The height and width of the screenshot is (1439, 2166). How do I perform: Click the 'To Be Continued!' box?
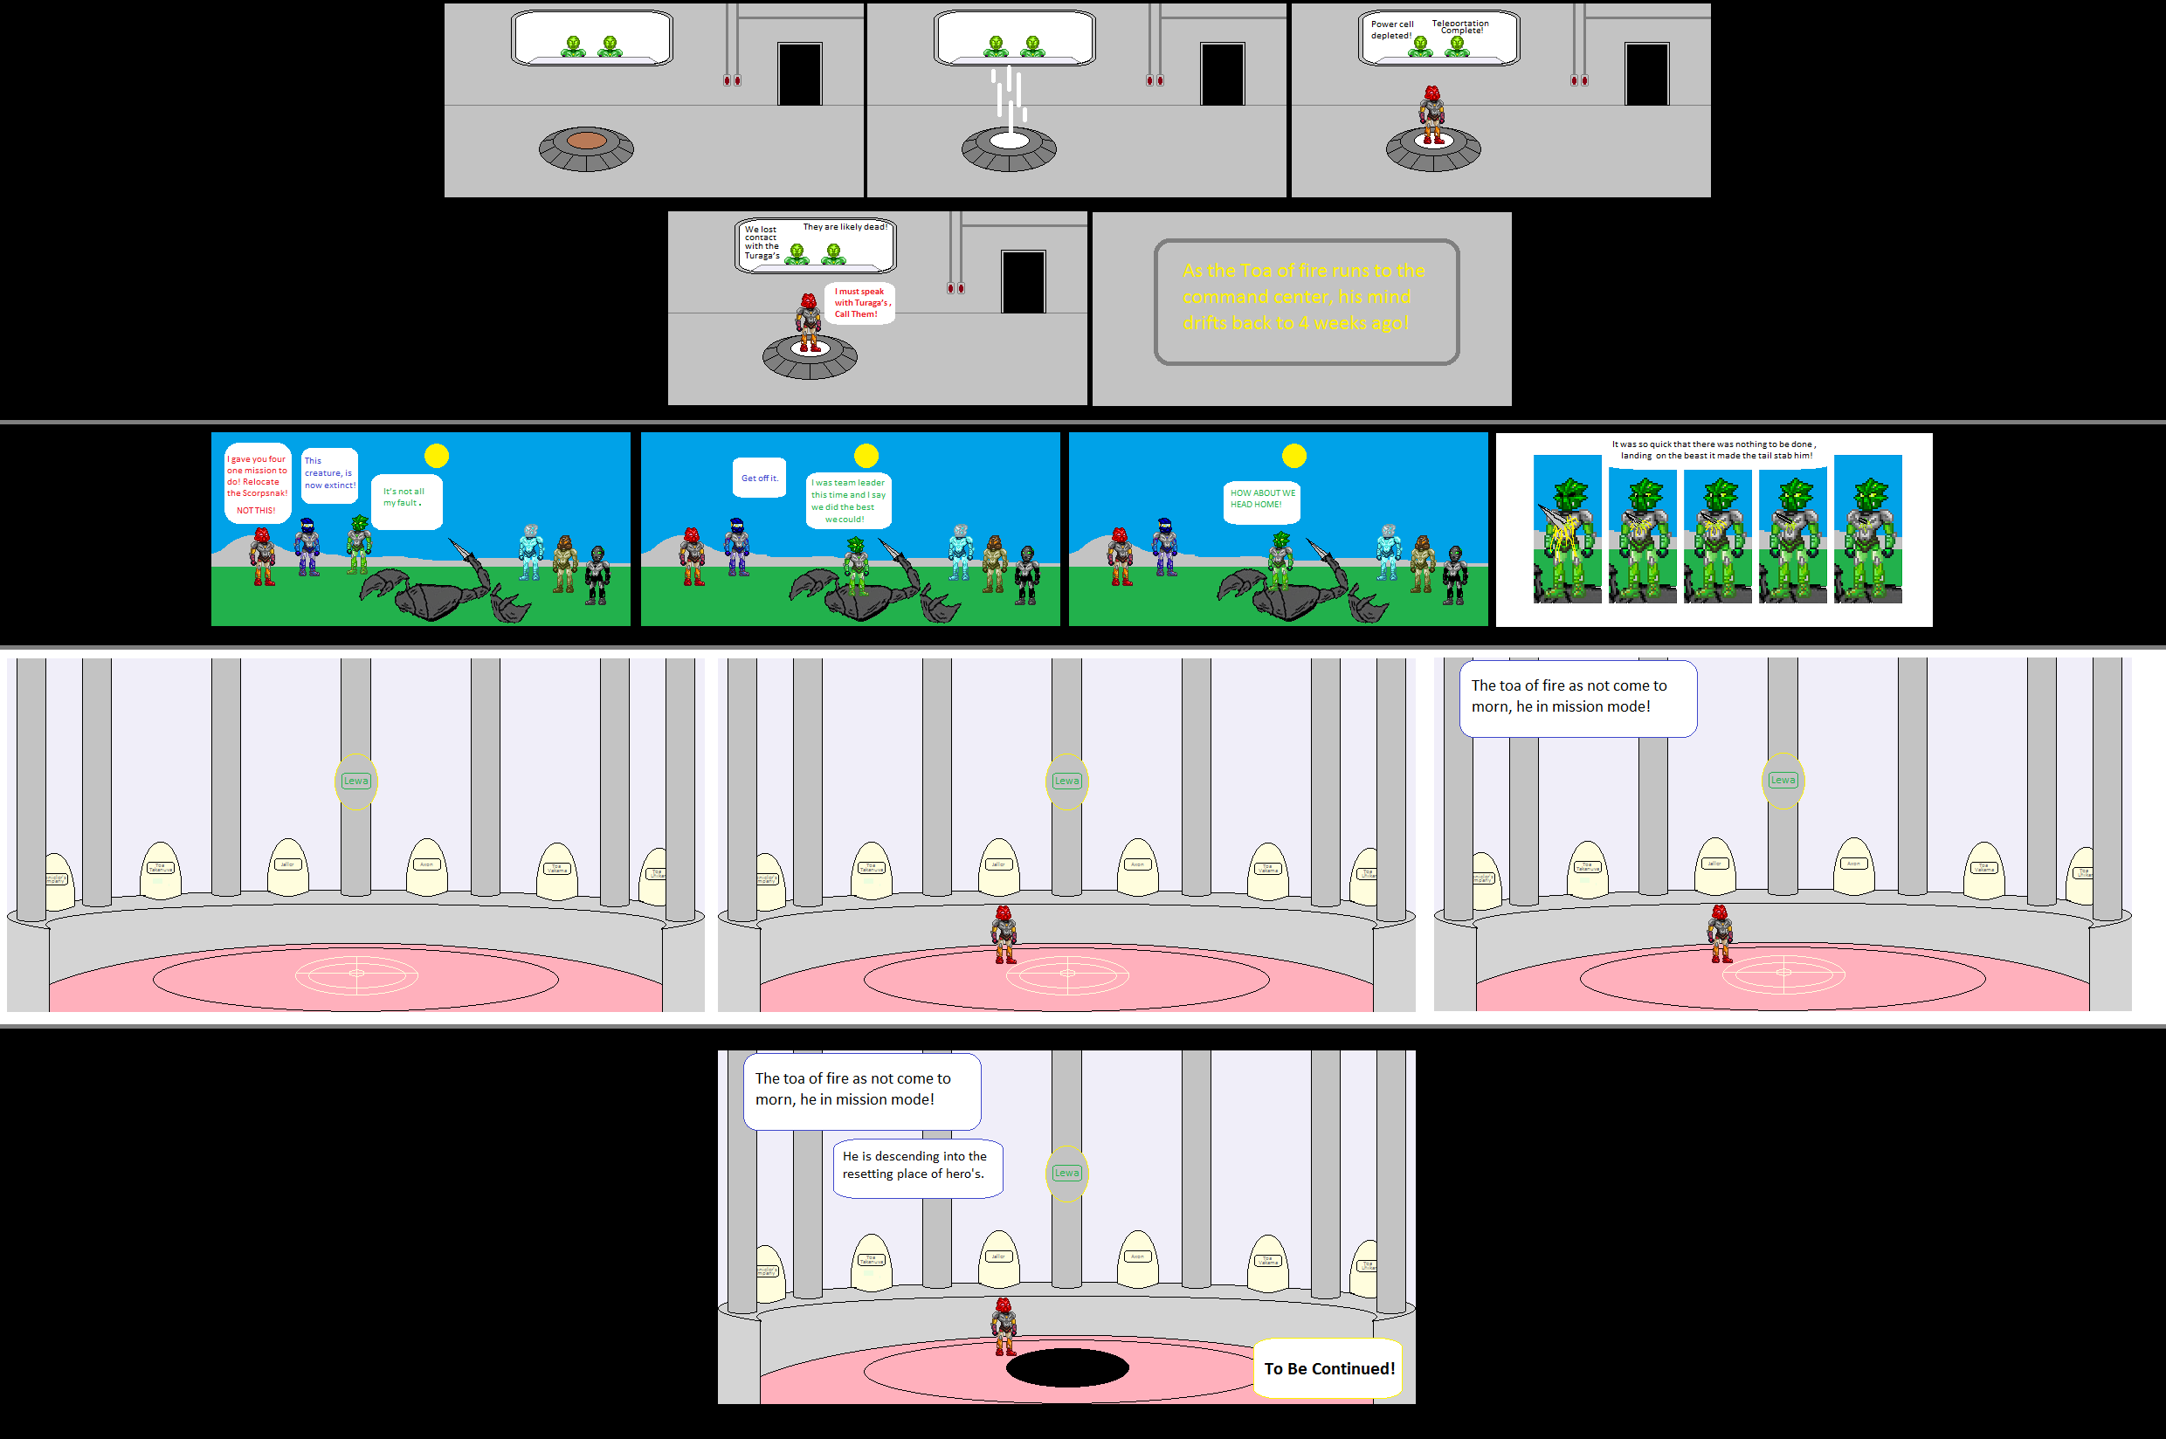click(1328, 1368)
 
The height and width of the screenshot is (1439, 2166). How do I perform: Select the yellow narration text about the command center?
click(1303, 296)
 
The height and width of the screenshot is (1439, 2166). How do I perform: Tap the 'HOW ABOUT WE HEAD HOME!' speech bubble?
click(1262, 499)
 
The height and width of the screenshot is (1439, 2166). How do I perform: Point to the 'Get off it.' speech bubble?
click(759, 479)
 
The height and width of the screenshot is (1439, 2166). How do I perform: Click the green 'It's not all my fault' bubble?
click(405, 499)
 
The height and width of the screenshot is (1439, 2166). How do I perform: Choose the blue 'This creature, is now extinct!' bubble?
click(329, 473)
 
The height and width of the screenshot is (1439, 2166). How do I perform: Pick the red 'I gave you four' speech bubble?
click(257, 483)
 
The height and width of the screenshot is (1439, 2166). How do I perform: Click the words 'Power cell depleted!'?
click(1391, 31)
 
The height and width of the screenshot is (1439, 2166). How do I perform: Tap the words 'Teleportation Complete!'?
click(1460, 26)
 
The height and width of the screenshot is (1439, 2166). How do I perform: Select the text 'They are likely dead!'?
click(845, 227)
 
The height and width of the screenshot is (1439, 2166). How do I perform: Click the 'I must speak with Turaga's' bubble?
click(860, 303)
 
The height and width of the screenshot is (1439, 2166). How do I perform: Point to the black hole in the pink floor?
click(1066, 1367)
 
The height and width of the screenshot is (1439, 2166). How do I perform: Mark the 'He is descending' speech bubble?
click(916, 1167)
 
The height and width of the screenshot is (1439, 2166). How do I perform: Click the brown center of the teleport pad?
click(586, 141)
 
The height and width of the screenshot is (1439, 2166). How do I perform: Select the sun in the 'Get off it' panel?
click(866, 455)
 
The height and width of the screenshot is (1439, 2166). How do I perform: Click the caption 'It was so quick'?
click(1714, 450)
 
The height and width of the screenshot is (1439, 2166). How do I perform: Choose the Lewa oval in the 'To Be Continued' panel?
click(1066, 1173)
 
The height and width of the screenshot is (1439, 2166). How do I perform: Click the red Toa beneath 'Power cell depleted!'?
click(1431, 114)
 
